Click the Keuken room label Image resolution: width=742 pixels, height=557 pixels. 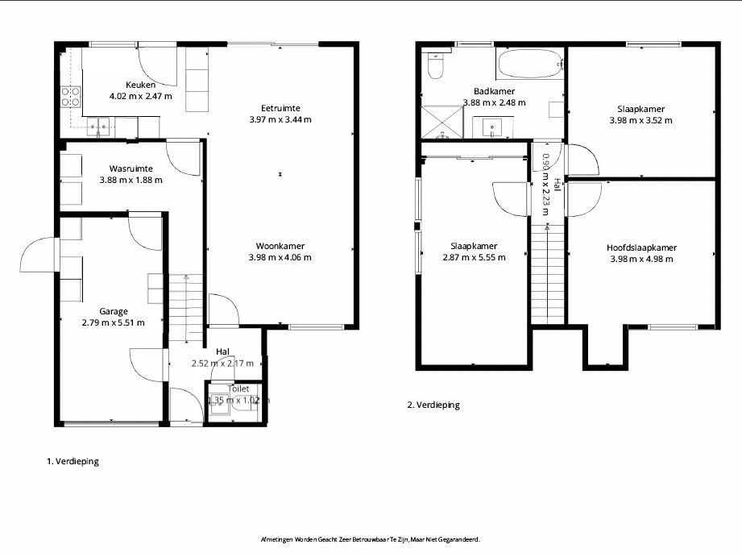click(140, 85)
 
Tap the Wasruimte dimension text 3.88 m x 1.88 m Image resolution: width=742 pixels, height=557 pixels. click(131, 180)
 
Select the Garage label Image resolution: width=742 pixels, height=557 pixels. click(114, 312)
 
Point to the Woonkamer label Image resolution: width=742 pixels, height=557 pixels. click(280, 247)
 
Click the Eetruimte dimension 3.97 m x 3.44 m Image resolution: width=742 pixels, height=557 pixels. click(280, 120)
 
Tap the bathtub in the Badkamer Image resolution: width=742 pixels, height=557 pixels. click(529, 64)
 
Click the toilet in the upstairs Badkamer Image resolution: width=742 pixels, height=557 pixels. click(435, 66)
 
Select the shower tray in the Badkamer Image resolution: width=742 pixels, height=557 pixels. click(442, 123)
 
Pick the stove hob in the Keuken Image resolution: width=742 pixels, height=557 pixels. click(71, 96)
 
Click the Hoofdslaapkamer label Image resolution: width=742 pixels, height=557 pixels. click(641, 247)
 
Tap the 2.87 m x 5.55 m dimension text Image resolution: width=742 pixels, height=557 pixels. click(475, 258)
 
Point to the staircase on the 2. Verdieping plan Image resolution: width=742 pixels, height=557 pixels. click(548, 274)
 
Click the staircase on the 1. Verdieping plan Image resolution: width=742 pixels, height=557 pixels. click(186, 308)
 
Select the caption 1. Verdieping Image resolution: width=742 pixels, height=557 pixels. click(73, 461)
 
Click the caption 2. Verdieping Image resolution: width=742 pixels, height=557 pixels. click(433, 405)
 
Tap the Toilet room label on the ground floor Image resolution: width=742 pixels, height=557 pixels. click(238, 389)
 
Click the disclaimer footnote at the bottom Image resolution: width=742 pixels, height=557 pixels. click(371, 539)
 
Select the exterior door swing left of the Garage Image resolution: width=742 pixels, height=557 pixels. click(38, 255)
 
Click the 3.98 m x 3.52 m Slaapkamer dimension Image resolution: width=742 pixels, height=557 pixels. click(641, 120)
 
